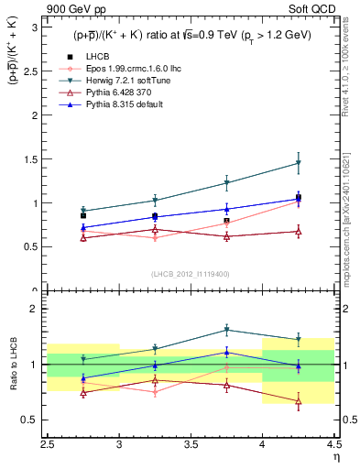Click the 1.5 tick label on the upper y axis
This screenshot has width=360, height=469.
(31, 159)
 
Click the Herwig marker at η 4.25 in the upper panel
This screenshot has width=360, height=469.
(298, 163)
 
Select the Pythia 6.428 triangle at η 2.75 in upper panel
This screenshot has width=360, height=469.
(83, 237)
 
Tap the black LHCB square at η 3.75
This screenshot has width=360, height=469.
(226, 221)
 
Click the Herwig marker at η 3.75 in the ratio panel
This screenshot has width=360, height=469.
(226, 330)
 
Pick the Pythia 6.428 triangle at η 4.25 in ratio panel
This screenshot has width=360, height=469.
(298, 400)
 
